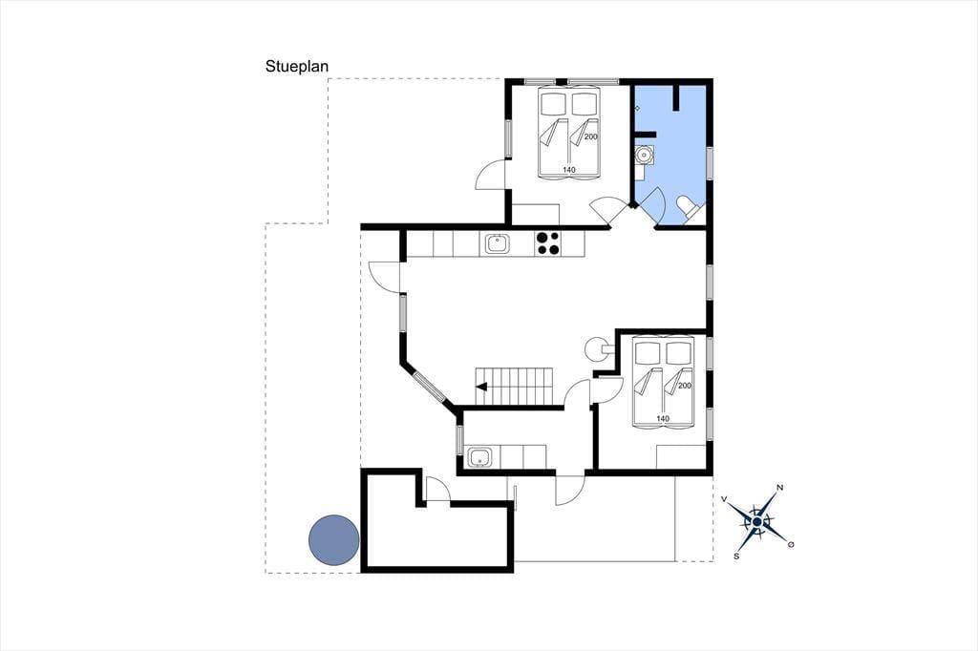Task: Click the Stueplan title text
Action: [x=297, y=66]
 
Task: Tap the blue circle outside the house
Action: [x=334, y=540]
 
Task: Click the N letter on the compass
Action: [x=779, y=488]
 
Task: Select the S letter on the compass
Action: [x=736, y=556]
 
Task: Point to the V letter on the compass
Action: [x=724, y=499]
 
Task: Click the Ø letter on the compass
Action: [x=791, y=545]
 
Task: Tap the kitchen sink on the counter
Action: [x=498, y=243]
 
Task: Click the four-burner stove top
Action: [x=547, y=243]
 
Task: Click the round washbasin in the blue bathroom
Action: [x=643, y=154]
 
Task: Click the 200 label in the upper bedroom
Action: [x=590, y=136]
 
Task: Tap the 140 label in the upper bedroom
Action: [x=569, y=170]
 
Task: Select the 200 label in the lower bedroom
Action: [x=684, y=386]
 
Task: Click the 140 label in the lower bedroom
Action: [x=663, y=418]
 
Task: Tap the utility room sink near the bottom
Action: [x=480, y=457]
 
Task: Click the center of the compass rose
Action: [x=757, y=521]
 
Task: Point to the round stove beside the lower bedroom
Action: [x=595, y=349]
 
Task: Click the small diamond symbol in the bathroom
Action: [x=637, y=109]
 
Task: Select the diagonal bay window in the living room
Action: [x=429, y=386]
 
